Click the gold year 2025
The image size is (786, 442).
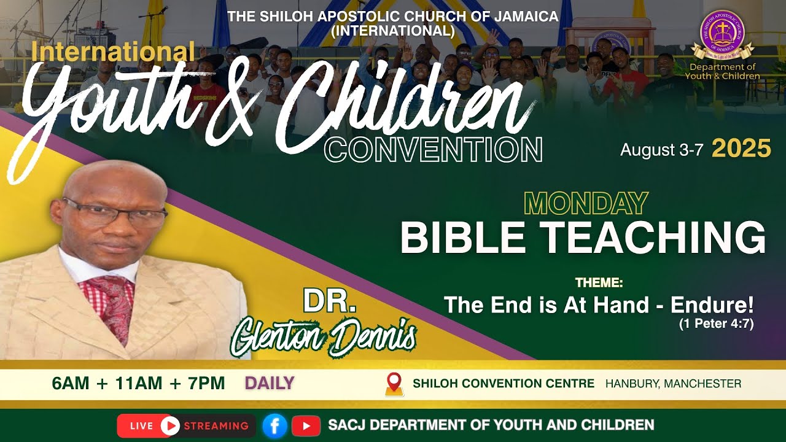[741, 149]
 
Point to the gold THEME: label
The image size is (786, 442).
[599, 283]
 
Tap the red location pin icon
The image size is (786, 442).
[394, 384]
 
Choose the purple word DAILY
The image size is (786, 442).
[270, 384]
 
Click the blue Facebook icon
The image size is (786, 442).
[274, 425]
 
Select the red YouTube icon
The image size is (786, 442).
[306, 425]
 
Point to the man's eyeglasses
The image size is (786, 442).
[117, 213]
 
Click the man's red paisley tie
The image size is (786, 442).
[114, 304]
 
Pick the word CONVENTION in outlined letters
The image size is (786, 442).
[433, 149]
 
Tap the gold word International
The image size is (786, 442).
[113, 52]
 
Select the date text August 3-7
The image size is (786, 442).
[661, 150]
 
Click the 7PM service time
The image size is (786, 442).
[204, 384]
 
